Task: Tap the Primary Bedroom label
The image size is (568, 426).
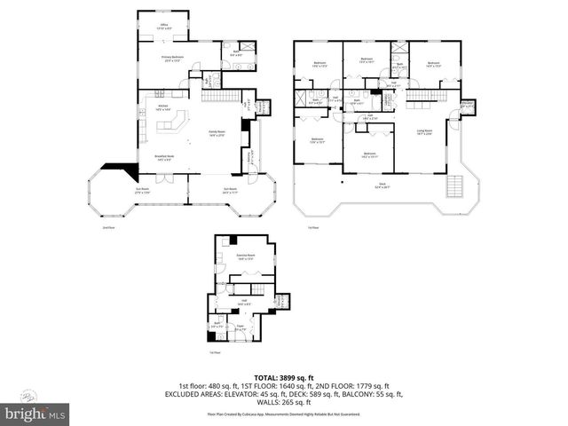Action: point(171,59)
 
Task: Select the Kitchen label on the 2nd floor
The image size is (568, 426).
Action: point(162,107)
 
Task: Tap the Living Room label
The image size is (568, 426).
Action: point(424,133)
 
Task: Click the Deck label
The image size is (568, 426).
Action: point(381,185)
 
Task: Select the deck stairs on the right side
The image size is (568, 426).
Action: point(456,186)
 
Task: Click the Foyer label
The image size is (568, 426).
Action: point(240,327)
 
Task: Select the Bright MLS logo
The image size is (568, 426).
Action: point(35,413)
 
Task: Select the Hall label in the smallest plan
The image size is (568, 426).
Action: point(243,304)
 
